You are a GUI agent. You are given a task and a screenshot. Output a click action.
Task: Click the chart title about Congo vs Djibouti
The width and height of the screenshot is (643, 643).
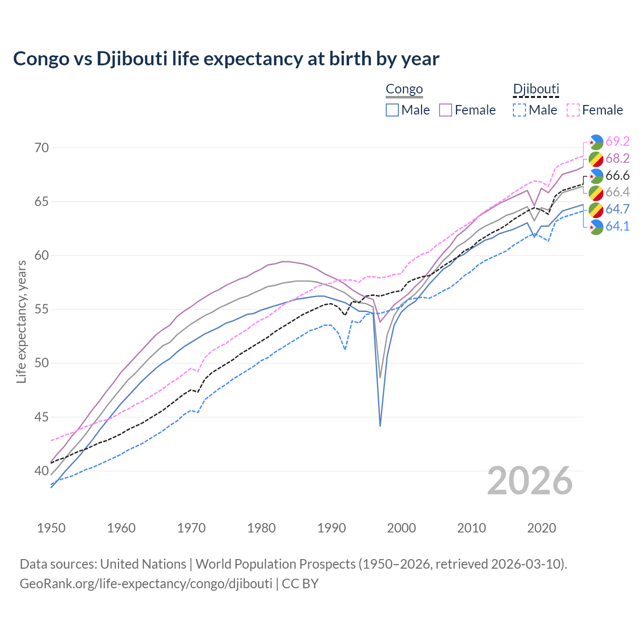[226, 59]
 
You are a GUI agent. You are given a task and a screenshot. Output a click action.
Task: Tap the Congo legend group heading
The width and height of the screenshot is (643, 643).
[404, 89]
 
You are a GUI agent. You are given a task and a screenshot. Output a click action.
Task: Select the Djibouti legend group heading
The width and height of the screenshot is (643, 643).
[535, 89]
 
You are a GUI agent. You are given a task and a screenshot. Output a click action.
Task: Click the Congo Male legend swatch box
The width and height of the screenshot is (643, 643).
[392, 110]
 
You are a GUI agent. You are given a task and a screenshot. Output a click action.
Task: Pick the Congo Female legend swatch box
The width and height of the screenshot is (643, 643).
[446, 110]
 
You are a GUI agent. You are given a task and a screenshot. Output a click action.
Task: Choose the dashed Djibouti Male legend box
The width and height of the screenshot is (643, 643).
[519, 110]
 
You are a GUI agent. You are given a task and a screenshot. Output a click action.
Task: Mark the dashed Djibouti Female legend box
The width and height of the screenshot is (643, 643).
[573, 110]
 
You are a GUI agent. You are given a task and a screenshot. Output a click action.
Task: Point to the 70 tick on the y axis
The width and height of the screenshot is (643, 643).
[42, 148]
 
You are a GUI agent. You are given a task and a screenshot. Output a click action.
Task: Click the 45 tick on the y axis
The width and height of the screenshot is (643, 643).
[42, 417]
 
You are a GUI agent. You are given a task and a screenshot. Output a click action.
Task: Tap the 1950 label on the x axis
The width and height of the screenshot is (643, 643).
[51, 528]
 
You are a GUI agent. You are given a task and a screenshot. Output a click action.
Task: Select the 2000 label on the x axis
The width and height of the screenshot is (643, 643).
[401, 528]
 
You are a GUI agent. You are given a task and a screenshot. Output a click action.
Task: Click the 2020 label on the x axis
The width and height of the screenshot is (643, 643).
[542, 528]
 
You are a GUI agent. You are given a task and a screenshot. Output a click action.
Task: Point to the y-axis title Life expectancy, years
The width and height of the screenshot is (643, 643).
[22, 321]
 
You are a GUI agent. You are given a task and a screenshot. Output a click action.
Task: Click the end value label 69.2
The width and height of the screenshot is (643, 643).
[617, 141]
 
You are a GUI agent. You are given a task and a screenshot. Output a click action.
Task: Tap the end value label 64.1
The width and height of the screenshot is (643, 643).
[617, 226]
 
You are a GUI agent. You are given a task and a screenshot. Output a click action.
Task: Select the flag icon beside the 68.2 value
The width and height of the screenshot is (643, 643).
[596, 159]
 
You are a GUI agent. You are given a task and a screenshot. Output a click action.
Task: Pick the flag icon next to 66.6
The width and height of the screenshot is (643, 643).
[596, 176]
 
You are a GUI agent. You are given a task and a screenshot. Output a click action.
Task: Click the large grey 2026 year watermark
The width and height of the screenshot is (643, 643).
[530, 481]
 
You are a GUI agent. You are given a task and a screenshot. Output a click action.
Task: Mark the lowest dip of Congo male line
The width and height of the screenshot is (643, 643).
[380, 425]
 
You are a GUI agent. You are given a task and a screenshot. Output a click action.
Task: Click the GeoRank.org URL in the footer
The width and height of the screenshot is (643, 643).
[146, 584]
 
